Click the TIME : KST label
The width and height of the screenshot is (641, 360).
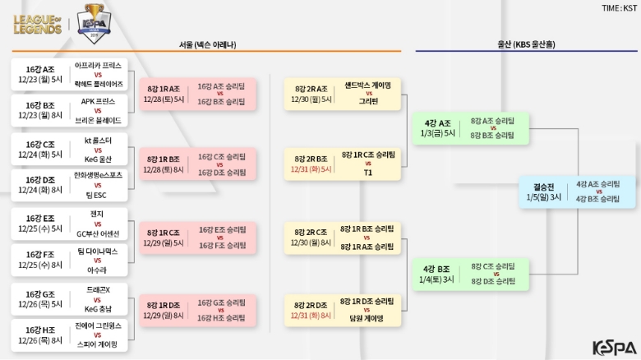tap(619, 7)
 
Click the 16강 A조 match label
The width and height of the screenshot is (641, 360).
tap(39, 69)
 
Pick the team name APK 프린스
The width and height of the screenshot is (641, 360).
tap(98, 101)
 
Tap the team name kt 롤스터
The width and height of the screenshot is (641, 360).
tap(98, 139)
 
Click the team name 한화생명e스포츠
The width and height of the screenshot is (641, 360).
tap(98, 175)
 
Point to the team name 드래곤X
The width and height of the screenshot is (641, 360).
tap(98, 289)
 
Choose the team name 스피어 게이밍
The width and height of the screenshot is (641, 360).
tap(98, 345)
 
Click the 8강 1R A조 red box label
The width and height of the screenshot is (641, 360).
tap(163, 88)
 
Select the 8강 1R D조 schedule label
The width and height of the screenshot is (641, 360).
tap(163, 305)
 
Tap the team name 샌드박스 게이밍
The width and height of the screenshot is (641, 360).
tap(368, 85)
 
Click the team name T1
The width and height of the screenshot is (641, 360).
tap(367, 173)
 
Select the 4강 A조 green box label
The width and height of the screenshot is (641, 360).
tap(437, 122)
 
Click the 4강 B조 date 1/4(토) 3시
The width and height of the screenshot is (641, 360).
tap(437, 279)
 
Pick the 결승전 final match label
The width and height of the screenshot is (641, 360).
tap(544, 187)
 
